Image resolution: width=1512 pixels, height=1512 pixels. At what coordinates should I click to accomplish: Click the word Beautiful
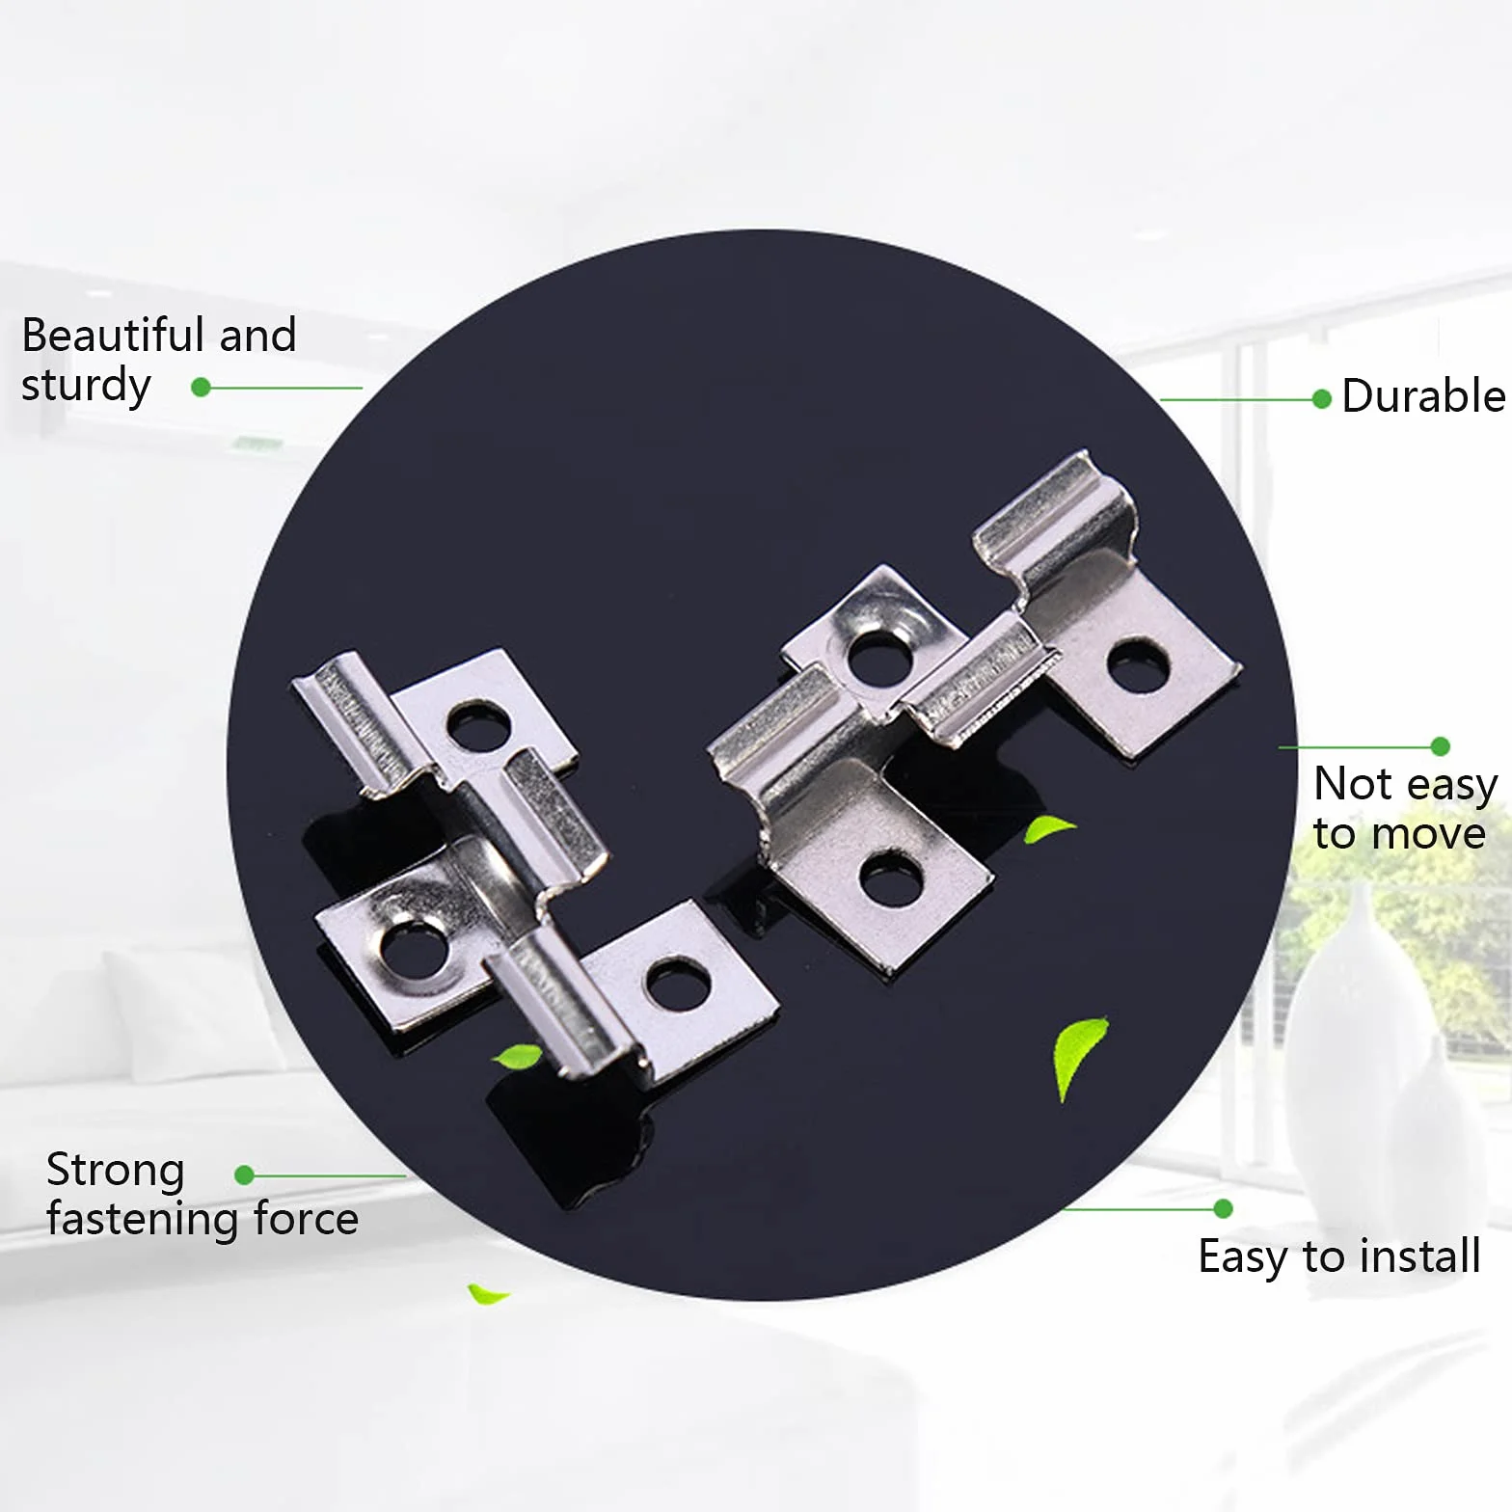[113, 335]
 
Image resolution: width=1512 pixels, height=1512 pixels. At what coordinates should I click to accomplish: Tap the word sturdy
[86, 386]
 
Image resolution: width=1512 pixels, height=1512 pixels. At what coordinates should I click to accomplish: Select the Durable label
[1423, 396]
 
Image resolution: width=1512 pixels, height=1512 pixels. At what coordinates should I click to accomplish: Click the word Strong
[115, 1172]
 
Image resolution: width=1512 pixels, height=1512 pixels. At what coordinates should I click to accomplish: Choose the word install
[1420, 1255]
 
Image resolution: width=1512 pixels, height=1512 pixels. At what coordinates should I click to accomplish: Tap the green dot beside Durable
[1322, 399]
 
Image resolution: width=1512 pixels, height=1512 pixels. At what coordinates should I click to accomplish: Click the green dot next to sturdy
[201, 388]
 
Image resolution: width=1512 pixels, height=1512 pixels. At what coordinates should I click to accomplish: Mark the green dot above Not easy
[1441, 746]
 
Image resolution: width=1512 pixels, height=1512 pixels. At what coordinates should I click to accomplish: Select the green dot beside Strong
[244, 1175]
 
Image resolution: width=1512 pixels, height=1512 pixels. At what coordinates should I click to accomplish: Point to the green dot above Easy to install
[1224, 1209]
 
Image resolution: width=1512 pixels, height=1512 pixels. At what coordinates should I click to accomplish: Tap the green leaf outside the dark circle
[487, 1294]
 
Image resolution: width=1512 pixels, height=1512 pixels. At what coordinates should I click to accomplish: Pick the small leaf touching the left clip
[519, 1057]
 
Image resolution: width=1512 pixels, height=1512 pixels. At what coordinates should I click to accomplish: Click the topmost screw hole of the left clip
[478, 726]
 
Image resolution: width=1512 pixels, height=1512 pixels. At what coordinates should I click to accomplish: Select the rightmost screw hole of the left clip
[678, 984]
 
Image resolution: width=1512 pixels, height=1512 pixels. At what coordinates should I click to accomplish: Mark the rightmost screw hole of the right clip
[1139, 664]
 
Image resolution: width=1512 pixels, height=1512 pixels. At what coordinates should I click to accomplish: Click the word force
[306, 1220]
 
